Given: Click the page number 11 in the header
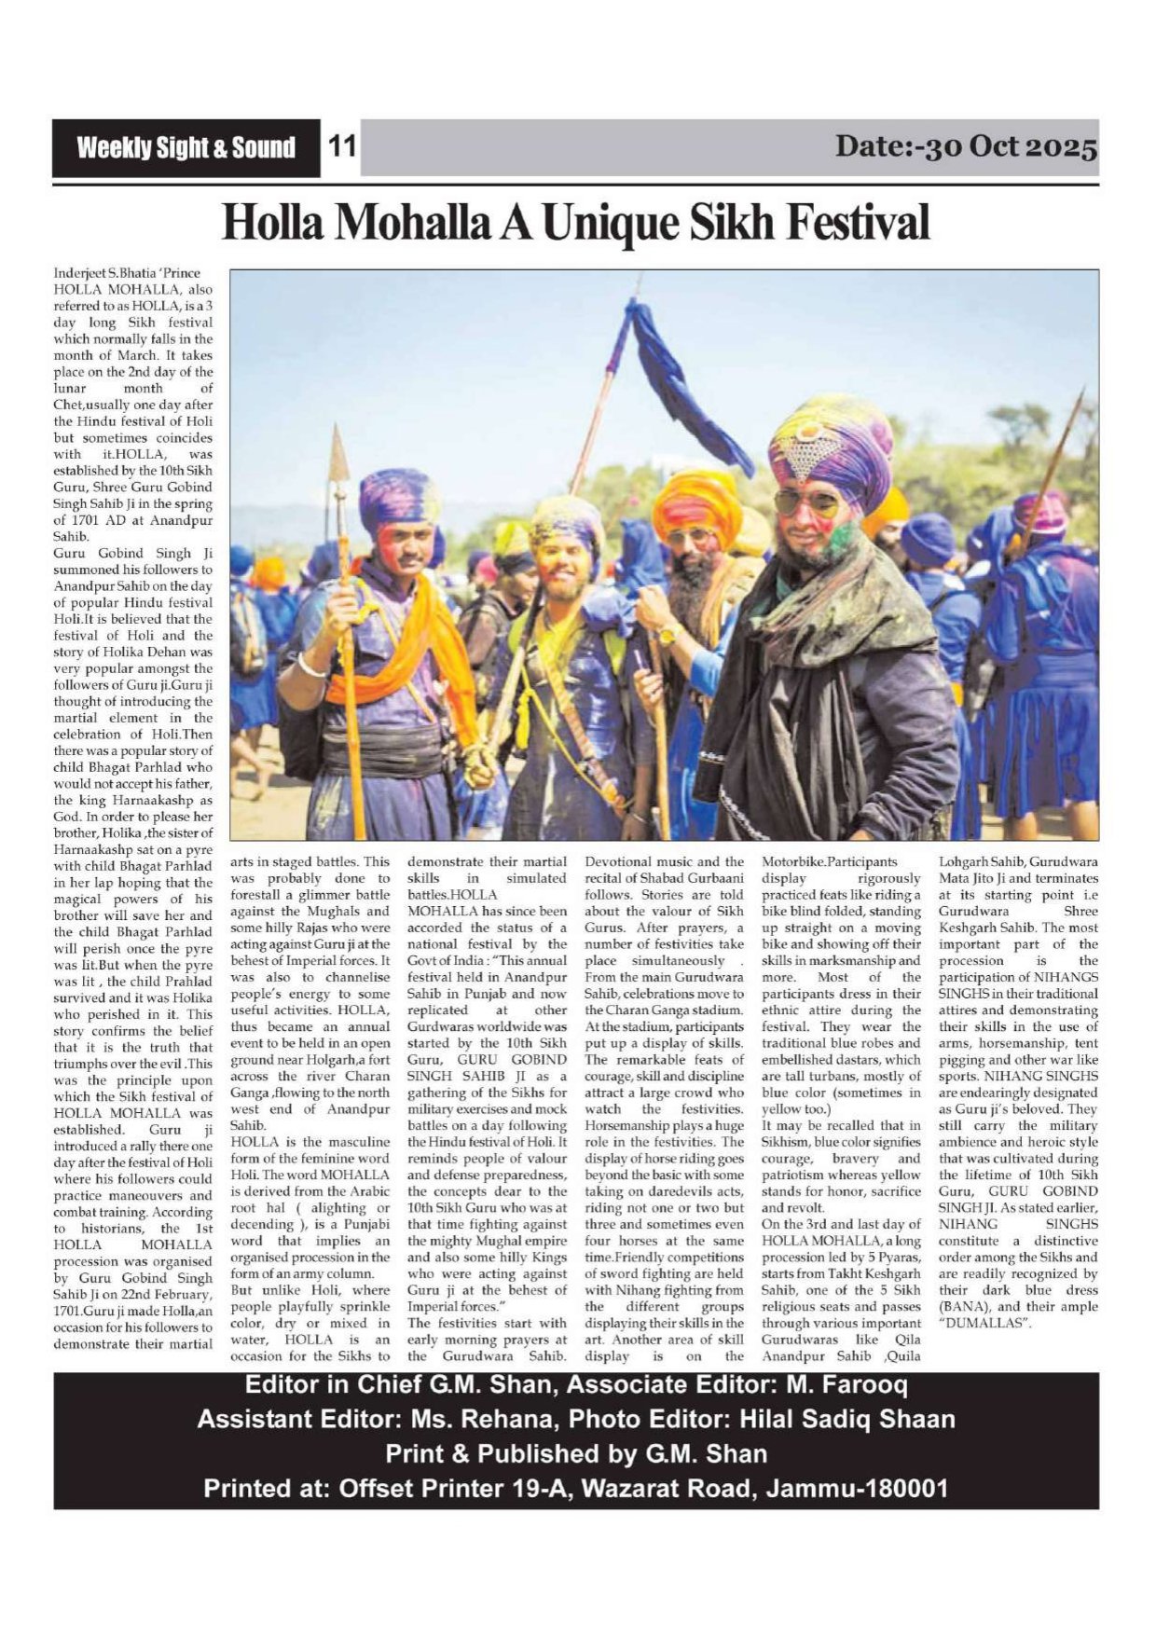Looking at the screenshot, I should [342, 147].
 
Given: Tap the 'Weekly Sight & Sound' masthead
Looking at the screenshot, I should [186, 148].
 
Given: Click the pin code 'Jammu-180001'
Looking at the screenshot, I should [857, 1489].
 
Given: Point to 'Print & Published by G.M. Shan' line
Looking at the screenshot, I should [576, 1454].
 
